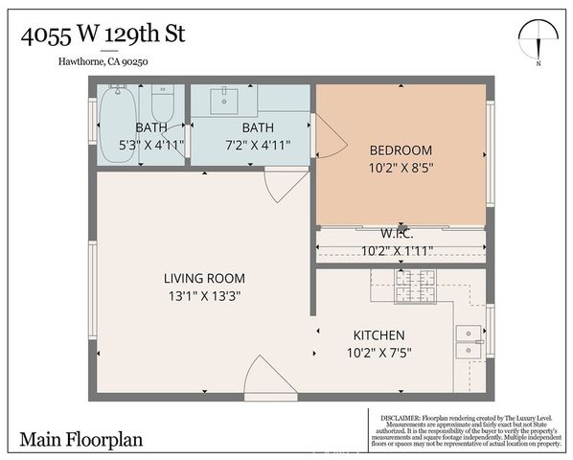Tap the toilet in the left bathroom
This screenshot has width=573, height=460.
click(162, 103)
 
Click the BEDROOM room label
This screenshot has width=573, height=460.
click(401, 150)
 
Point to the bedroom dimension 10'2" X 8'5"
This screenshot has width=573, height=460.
click(401, 169)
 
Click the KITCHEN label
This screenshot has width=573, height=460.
click(379, 334)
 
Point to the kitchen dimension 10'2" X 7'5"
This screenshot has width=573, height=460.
click(379, 352)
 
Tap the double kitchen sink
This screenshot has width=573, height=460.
click(468, 340)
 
